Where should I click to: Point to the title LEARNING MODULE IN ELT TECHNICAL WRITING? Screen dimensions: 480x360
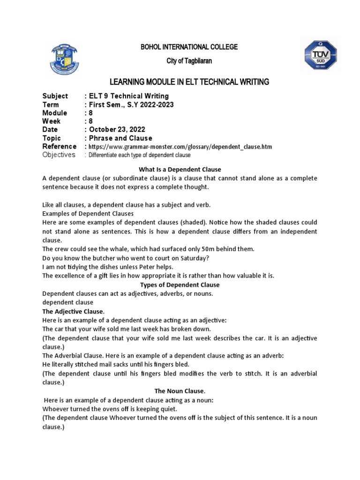click(x=189, y=82)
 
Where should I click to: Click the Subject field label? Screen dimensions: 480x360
click(x=55, y=96)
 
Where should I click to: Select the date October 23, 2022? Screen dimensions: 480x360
click(x=117, y=130)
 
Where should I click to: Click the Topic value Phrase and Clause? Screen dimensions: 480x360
click(x=120, y=138)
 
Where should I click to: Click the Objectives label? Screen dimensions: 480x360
click(x=59, y=155)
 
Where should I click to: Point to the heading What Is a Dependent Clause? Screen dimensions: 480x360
click(x=180, y=169)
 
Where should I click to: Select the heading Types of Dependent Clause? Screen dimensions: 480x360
click(x=180, y=285)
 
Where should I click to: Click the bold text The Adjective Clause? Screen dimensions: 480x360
click(x=73, y=312)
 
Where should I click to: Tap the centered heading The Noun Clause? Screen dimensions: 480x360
click(x=180, y=390)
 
